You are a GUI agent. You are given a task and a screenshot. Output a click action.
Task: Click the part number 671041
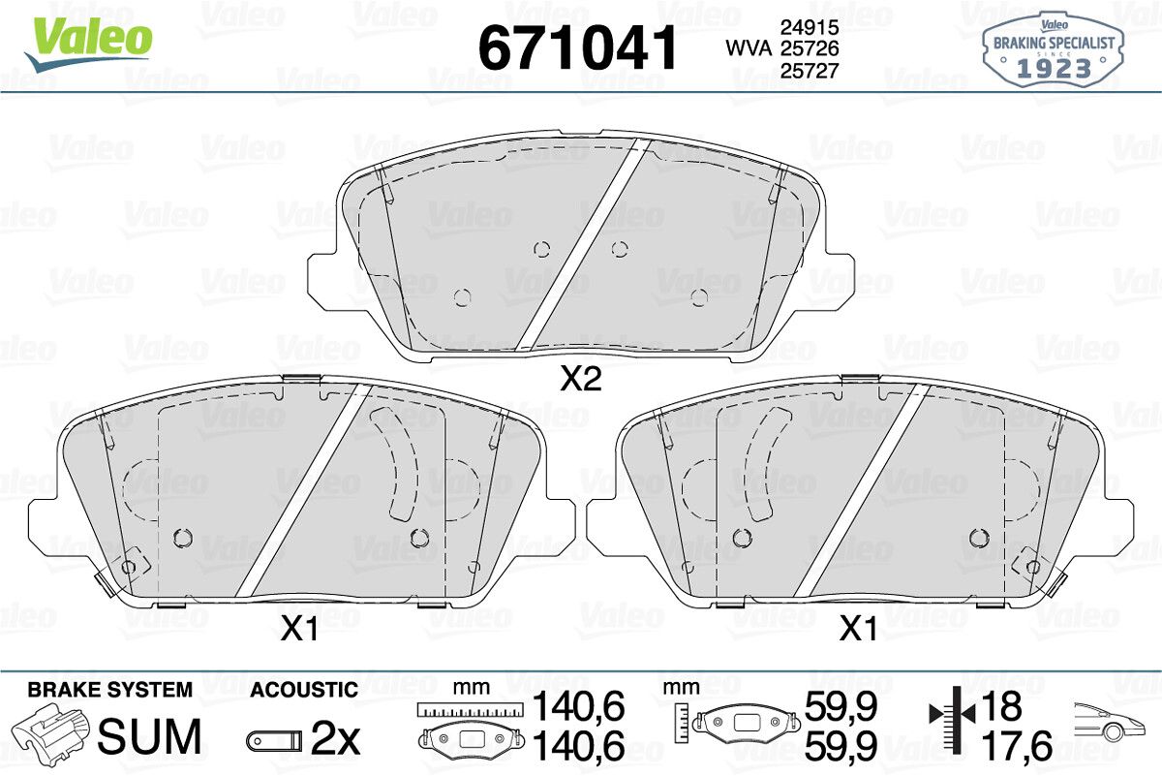(577, 47)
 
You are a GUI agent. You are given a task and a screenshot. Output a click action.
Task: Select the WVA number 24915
(810, 27)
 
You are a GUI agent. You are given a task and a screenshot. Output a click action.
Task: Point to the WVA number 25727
(810, 71)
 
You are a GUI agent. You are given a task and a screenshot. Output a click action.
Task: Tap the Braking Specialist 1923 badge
(1054, 49)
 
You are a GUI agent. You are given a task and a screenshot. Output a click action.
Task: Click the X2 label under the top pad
(581, 379)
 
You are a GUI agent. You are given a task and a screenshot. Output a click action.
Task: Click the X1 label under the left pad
(299, 630)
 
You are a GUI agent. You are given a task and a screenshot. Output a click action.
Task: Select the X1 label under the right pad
(859, 629)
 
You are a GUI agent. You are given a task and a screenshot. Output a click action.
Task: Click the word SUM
(149, 736)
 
